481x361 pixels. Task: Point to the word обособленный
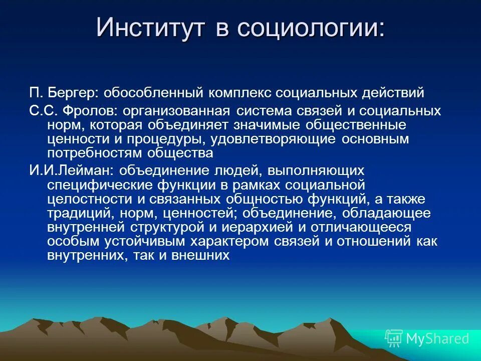point(153,93)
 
